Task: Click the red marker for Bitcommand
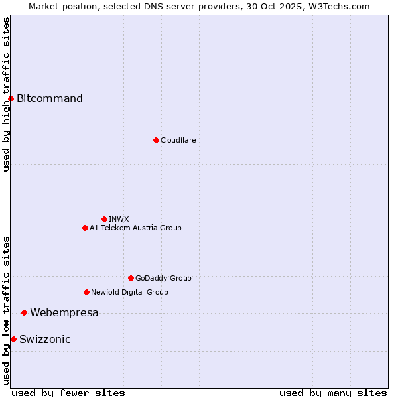[x=11, y=99]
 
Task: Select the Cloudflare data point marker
[x=156, y=140]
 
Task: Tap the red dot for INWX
[x=104, y=219]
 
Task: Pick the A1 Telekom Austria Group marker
[x=85, y=228]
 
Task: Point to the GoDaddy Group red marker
[x=131, y=278]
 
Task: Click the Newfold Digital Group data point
[x=86, y=292]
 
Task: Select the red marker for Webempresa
[x=24, y=312]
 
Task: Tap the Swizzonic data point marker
[x=13, y=339]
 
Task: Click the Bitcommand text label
[x=50, y=99]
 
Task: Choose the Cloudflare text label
[x=178, y=140]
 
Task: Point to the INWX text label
[x=119, y=219]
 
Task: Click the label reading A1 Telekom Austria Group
[x=135, y=228]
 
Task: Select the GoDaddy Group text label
[x=163, y=278]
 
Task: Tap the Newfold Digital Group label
[x=129, y=292]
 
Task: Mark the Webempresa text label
[x=64, y=312]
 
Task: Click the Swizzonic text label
[x=45, y=339]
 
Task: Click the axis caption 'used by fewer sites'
[x=68, y=393]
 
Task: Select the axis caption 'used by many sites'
[x=333, y=393]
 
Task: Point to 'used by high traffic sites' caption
[x=6, y=94]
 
